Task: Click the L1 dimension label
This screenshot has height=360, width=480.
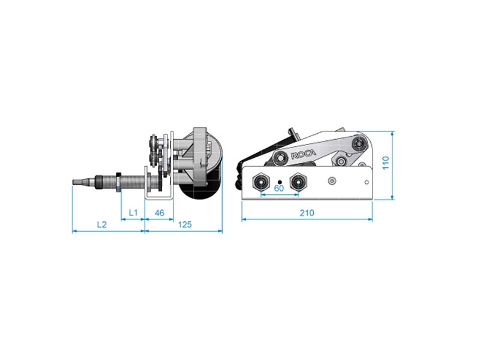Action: [133, 213]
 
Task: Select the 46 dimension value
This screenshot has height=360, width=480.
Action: [160, 213]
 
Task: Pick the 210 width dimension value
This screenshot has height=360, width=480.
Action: [307, 213]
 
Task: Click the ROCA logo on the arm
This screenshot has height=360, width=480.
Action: [303, 154]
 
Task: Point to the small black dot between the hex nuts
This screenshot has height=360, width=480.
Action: [280, 180]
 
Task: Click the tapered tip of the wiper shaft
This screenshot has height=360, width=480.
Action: [79, 180]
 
